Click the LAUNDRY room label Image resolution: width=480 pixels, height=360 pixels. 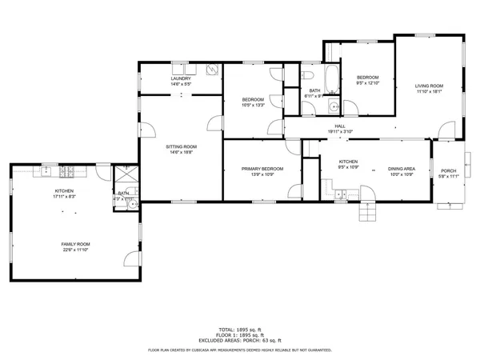coord(180,78)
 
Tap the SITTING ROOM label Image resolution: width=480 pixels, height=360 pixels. coord(181,147)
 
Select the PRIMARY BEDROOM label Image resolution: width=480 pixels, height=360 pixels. coord(262,169)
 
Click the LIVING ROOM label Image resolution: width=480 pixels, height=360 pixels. coord(429,86)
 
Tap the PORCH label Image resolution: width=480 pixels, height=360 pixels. coord(449,170)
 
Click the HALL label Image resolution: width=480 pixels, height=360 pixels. coord(340,126)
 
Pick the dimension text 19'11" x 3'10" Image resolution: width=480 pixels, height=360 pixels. coord(340,132)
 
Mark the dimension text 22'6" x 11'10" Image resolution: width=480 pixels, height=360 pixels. coord(77,250)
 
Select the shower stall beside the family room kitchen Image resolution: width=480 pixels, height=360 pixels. coord(125,175)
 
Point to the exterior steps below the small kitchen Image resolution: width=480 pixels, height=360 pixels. coord(367,210)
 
